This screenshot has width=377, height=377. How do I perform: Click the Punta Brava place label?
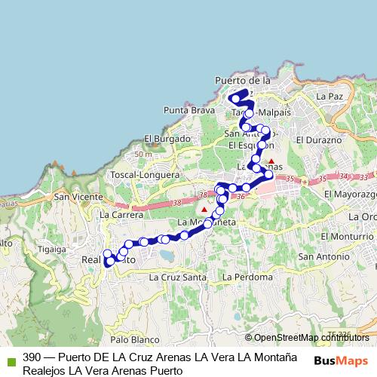(x=184, y=110)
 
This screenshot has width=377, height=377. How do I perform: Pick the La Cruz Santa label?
(x=178, y=277)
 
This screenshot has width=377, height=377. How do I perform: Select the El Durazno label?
(x=320, y=140)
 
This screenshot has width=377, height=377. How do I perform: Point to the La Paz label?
(x=329, y=97)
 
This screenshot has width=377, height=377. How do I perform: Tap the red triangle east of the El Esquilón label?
(x=271, y=161)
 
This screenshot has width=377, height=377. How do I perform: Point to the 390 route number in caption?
(x=32, y=357)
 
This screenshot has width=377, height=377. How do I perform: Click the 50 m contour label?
(x=142, y=155)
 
